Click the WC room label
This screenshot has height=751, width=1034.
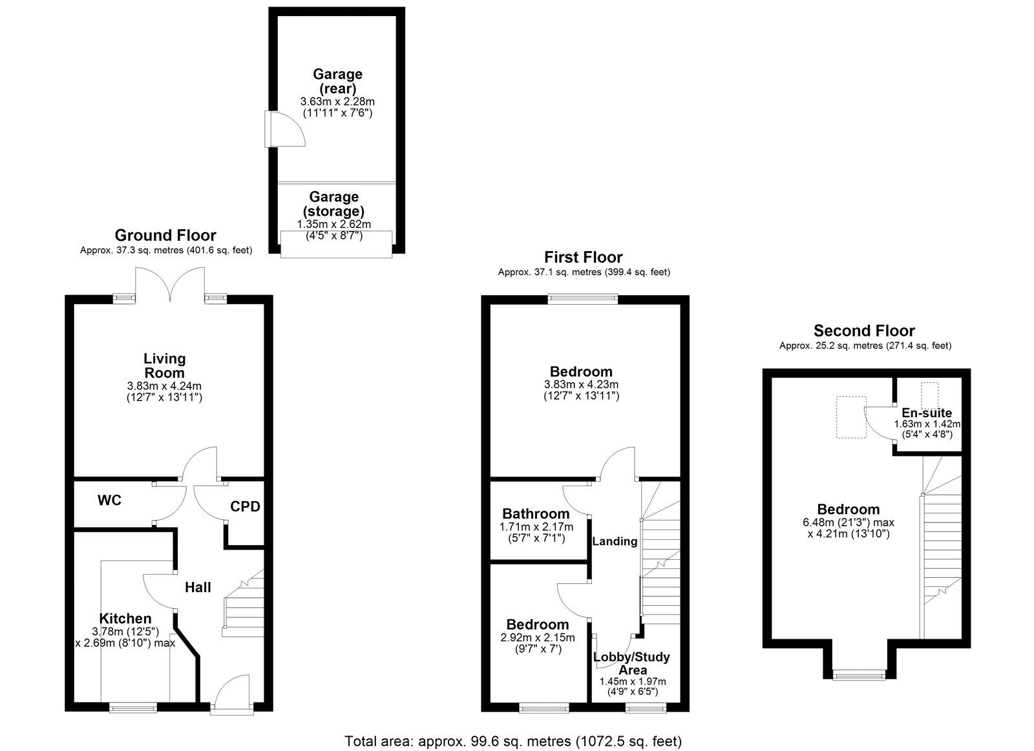109,500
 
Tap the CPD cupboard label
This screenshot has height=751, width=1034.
245,506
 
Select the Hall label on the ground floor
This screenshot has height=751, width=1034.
198,588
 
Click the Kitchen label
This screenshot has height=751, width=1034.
125,619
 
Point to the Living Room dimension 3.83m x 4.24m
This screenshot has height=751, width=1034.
164,386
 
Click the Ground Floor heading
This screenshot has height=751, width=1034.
165,235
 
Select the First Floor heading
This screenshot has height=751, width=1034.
583,258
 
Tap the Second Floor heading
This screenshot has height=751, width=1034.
864,331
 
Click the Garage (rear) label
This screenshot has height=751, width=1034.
337,81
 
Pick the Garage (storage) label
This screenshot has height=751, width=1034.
333,203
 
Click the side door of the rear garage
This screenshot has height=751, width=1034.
284,130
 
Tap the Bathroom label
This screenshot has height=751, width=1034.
536,514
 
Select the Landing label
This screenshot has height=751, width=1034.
615,541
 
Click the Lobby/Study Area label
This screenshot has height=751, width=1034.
631,663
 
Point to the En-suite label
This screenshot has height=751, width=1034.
927,413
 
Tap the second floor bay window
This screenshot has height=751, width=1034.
859,675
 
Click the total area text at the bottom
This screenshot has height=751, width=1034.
513,741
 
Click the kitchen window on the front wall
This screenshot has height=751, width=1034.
133,707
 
